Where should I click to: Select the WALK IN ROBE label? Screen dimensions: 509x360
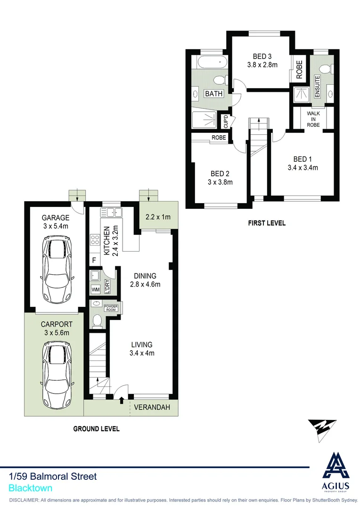click(313, 119)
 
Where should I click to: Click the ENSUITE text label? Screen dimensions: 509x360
click(317, 87)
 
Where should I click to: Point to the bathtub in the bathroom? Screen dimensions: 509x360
click(211, 62)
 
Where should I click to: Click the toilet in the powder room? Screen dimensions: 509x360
click(98, 321)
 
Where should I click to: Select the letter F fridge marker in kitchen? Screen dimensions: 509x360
click(94, 260)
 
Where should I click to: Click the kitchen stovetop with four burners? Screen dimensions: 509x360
click(94, 240)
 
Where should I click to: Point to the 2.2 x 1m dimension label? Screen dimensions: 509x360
click(157, 217)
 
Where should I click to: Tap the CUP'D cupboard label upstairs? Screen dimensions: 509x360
click(226, 122)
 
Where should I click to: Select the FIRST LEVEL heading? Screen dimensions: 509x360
click(267, 223)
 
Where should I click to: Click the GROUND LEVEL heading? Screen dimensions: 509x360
click(96, 429)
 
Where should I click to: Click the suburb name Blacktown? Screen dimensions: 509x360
click(31, 489)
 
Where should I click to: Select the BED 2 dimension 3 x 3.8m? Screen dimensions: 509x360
click(220, 182)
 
